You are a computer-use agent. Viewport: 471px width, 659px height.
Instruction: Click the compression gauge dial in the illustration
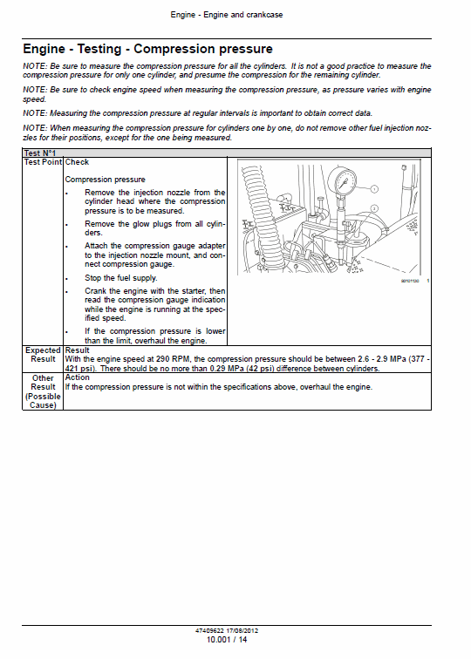pyautogui.click(x=344, y=183)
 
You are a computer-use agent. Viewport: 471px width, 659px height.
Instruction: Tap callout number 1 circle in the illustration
pyautogui.click(x=372, y=188)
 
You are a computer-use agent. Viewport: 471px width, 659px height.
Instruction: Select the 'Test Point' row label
pyautogui.click(x=43, y=162)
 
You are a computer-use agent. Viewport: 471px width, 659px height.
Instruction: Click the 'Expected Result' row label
pyautogui.click(x=43, y=355)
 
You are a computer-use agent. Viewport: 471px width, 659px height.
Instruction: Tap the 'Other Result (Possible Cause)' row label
pyautogui.click(x=43, y=391)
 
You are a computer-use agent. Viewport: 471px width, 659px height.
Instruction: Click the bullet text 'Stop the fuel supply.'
pyautogui.click(x=121, y=278)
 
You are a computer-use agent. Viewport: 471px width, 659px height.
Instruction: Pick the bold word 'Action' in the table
pyautogui.click(x=78, y=377)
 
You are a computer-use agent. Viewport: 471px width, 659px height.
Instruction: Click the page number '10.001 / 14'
pyautogui.click(x=227, y=641)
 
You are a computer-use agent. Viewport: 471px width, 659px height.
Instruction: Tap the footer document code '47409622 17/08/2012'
pyautogui.click(x=227, y=630)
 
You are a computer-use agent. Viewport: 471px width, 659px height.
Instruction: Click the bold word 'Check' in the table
pyautogui.click(x=78, y=162)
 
